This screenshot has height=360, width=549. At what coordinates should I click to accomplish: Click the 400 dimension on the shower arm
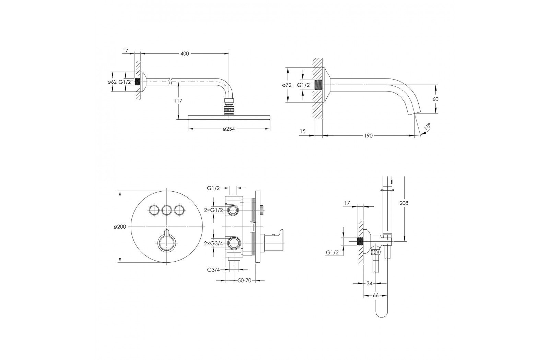coord(185,53)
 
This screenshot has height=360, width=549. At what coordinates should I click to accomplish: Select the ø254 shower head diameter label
coord(229,129)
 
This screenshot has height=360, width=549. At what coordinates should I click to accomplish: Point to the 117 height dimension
coord(178,101)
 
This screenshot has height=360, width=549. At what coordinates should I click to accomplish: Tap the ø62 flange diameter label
coord(112,82)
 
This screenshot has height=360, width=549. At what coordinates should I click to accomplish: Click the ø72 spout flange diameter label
coord(287,85)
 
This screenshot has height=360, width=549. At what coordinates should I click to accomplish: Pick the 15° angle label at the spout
coord(427,127)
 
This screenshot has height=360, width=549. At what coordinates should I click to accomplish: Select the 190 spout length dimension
coord(368,136)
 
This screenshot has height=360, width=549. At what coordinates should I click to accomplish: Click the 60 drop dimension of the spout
coord(435,99)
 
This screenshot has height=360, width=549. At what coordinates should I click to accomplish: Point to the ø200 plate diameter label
coord(120,227)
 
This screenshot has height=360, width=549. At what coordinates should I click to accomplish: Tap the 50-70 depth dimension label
coord(245,281)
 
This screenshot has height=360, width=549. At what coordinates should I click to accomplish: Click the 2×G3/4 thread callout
coord(214,243)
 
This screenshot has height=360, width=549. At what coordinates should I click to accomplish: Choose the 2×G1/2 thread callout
coord(214,210)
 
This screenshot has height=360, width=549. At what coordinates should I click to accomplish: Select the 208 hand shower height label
coord(404,203)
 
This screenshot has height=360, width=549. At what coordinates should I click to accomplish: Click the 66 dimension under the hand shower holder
coord(375,296)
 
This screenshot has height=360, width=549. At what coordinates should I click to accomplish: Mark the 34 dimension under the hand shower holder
coord(369,283)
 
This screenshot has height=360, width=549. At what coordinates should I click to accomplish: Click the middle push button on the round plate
coord(167,210)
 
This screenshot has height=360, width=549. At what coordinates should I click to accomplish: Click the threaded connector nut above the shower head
coord(229,107)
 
